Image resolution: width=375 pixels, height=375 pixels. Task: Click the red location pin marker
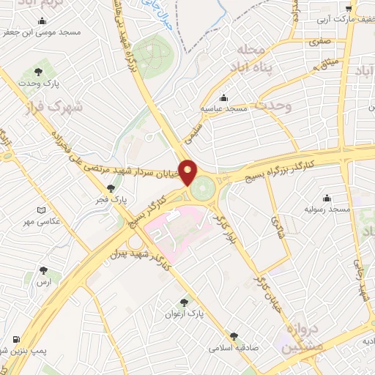coord(188,172)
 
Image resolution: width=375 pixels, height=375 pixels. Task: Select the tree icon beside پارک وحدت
coord(38,72)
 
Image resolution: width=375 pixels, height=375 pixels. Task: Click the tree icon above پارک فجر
coord(111,187)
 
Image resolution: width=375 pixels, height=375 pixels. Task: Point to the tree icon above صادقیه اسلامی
coord(234,336)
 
